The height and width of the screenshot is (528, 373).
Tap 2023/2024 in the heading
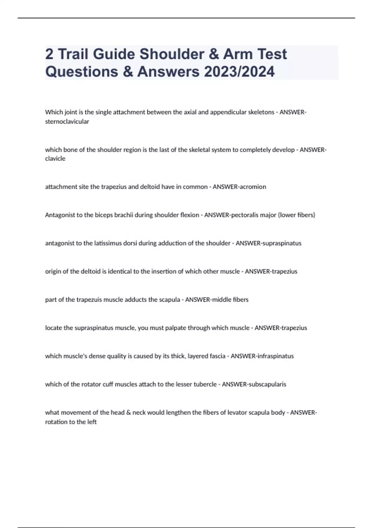pos(239,71)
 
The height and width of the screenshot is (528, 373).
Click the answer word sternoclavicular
pos(67,121)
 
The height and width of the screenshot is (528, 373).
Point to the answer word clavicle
pos(55,158)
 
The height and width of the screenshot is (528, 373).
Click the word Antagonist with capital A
pos(59,215)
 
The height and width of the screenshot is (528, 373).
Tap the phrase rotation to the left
pos(71,422)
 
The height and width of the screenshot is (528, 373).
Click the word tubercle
pos(205,384)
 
